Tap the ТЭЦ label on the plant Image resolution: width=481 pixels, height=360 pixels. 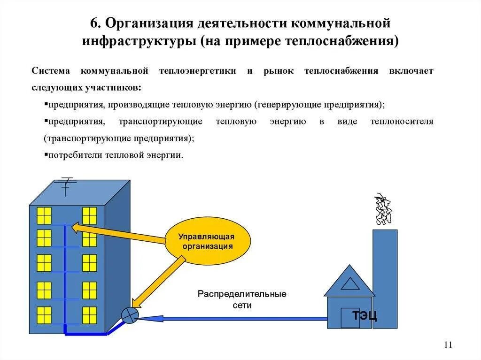365,315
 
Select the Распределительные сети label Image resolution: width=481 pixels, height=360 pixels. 242,299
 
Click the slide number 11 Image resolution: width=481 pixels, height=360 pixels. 447,345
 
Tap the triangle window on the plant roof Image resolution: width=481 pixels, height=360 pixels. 350,284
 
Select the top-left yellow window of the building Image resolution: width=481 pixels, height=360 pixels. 44,215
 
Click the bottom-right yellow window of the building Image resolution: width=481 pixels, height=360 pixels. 89,315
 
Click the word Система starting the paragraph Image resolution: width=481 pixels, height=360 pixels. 51,71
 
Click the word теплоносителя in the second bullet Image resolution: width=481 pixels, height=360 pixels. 402,122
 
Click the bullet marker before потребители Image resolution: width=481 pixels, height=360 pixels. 46,154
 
